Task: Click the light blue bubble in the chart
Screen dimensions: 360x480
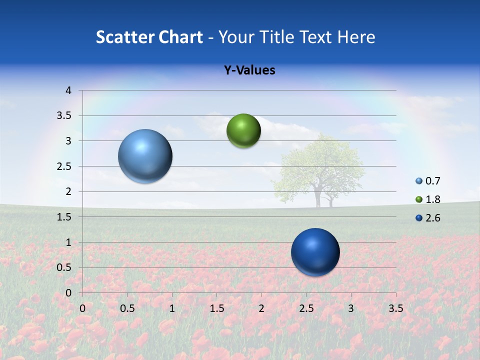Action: point(145,156)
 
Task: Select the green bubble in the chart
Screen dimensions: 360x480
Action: point(243,131)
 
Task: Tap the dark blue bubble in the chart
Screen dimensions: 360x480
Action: point(315,252)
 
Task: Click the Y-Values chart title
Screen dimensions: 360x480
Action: point(249,70)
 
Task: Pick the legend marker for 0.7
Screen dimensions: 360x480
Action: point(419,181)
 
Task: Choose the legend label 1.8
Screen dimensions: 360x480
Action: point(433,199)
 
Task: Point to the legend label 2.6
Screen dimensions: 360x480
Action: point(433,218)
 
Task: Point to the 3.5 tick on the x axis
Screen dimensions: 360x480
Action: point(395,308)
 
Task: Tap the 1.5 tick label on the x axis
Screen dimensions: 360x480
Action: point(217,308)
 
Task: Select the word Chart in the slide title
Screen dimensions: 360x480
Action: point(180,37)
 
